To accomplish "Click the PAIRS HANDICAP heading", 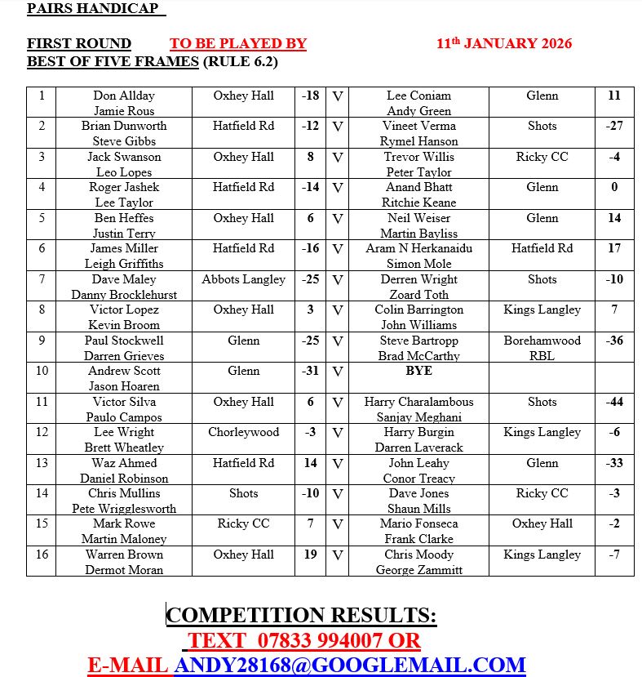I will (x=96, y=9).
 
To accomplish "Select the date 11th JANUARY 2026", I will (x=504, y=43).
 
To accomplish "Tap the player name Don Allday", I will (x=124, y=96).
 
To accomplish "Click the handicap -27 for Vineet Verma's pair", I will (x=614, y=126).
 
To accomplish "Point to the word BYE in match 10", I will (x=418, y=371).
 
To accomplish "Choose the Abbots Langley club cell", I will (x=243, y=279).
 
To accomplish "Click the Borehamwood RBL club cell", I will (x=542, y=348).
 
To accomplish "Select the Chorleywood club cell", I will (x=243, y=432).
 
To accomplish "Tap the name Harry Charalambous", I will (x=418, y=402).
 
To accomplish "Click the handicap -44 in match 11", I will (x=614, y=402).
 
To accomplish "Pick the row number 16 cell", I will (x=42, y=555).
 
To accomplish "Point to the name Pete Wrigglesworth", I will (x=124, y=509).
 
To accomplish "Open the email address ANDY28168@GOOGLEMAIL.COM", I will (x=349, y=665).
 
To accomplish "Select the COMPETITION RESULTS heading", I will (x=301, y=615).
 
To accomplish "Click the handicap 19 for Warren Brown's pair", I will (x=310, y=555).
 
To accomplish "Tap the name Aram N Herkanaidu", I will (x=418, y=248).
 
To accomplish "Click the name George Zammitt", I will (x=418, y=570).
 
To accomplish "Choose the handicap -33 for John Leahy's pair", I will (x=614, y=463).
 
